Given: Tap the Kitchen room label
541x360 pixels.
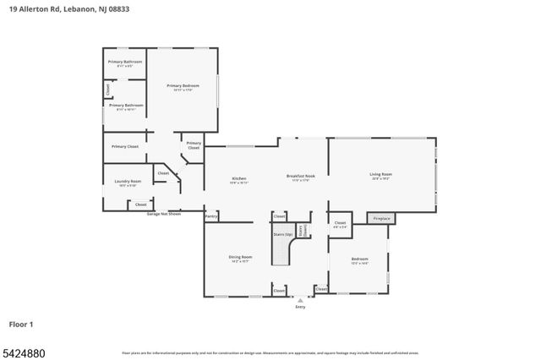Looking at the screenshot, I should pyautogui.click(x=238, y=178).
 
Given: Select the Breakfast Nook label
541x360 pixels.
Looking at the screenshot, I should pyautogui.click(x=300, y=177).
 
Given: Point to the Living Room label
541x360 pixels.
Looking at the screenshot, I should pyautogui.click(x=380, y=175).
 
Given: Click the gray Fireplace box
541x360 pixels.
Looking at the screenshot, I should pyautogui.click(x=382, y=218).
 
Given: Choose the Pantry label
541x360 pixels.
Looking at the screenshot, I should pyautogui.click(x=210, y=216).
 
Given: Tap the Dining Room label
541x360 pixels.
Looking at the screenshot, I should pyautogui.click(x=240, y=257).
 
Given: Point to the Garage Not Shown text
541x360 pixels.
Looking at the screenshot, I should pyautogui.click(x=163, y=214).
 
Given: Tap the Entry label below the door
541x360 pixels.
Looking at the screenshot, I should pyautogui.click(x=300, y=307).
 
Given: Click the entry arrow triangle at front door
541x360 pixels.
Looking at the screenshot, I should pyautogui.click(x=300, y=299).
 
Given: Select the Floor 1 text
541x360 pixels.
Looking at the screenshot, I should pyautogui.click(x=21, y=324).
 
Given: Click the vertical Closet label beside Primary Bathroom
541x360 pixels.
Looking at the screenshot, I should pyautogui.click(x=108, y=89).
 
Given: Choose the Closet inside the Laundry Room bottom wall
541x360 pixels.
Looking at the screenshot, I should pyautogui.click(x=141, y=205).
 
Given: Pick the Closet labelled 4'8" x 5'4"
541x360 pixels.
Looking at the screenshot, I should pyautogui.click(x=339, y=224).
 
